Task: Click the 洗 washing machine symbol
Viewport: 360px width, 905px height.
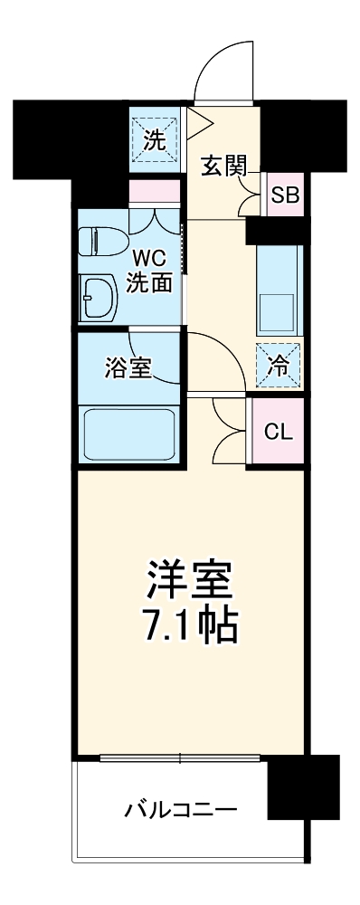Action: tap(155, 138)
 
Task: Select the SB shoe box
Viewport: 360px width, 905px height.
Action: tap(284, 195)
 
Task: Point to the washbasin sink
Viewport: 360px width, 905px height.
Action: tap(97, 298)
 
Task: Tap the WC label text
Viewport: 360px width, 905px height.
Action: tap(148, 256)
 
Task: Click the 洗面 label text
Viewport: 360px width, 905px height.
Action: tap(148, 282)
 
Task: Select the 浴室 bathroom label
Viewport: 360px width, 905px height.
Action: tap(128, 369)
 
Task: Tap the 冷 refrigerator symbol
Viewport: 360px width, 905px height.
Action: tap(279, 365)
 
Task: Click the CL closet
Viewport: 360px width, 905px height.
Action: tap(278, 432)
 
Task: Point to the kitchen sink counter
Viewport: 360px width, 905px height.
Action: tap(279, 290)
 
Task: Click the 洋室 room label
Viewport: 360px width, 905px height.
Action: tap(191, 580)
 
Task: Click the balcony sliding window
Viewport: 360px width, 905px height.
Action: tap(181, 757)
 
